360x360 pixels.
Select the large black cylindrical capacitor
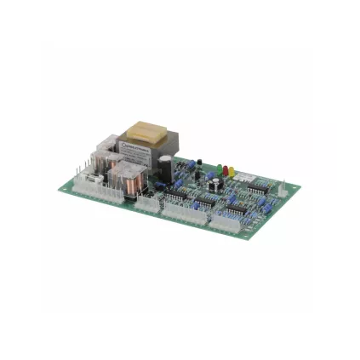tap(165, 169)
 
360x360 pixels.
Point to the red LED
tap(224, 170)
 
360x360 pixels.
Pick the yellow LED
tap(231, 172)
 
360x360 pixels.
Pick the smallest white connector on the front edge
tap(148, 202)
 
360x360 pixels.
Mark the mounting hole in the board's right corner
tap(285, 190)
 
